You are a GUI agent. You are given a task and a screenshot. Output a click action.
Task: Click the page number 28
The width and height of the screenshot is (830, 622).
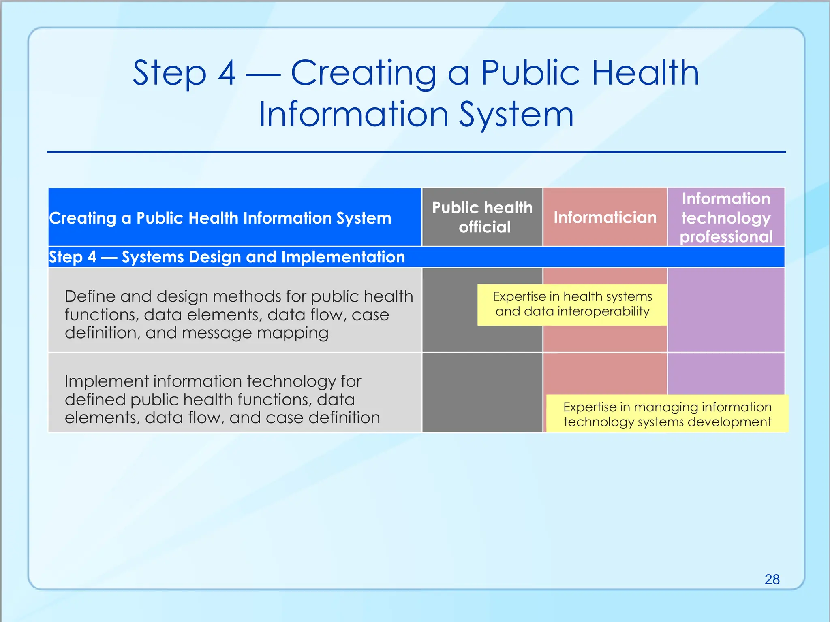(x=772, y=579)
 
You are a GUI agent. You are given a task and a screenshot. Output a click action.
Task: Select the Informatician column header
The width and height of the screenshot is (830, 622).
(x=605, y=217)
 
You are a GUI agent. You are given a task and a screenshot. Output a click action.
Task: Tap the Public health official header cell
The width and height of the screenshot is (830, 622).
(x=482, y=217)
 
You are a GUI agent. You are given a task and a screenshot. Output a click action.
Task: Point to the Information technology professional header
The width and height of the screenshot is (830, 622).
(x=726, y=217)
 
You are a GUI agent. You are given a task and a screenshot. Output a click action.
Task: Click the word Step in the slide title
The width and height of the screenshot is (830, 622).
(x=169, y=73)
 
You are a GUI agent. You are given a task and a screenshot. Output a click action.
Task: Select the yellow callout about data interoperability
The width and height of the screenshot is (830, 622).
(x=572, y=304)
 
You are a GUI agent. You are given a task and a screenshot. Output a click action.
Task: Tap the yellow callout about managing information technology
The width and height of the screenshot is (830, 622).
(x=667, y=414)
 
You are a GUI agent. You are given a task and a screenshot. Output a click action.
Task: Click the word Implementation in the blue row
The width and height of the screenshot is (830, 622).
(x=343, y=257)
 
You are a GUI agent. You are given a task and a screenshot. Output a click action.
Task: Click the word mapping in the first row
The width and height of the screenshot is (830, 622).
(x=292, y=333)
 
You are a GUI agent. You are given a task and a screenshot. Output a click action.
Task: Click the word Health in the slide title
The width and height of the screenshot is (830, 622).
(x=645, y=73)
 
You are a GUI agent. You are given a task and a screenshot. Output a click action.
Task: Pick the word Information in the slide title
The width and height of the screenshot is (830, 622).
(x=353, y=114)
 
